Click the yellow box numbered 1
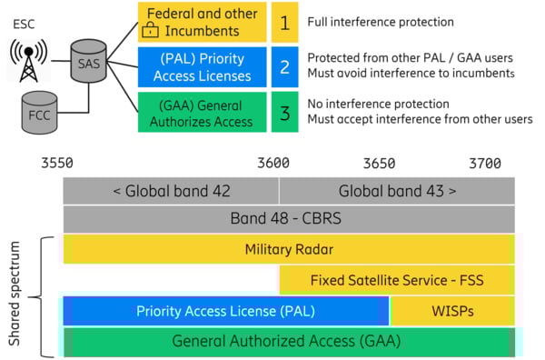tap(283, 21)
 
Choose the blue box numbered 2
tap(283, 66)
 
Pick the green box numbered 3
tap(283, 112)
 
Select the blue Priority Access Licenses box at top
tap(202, 66)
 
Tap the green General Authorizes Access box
tap(202, 112)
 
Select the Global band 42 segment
tap(171, 191)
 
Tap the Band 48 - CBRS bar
tap(288, 219)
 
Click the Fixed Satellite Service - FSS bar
tap(396, 279)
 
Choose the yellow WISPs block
tap(451, 310)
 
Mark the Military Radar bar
tap(288, 249)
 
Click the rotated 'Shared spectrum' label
tap(15, 295)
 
